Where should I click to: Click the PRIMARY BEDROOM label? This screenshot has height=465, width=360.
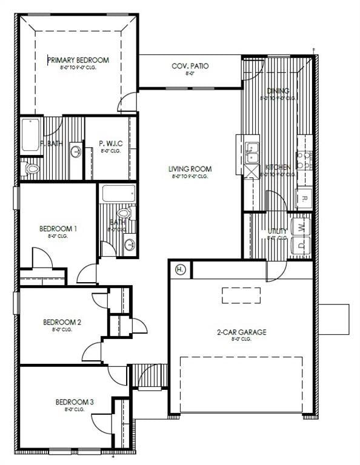click(78, 60)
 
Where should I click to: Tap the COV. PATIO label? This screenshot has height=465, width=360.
click(190, 66)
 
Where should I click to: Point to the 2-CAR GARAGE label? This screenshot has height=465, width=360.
click(241, 332)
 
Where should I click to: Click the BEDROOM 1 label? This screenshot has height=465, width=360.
click(58, 228)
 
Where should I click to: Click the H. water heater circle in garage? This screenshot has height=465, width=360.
click(180, 269)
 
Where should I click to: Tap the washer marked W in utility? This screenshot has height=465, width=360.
click(302, 227)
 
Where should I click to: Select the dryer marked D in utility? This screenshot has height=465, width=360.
click(302, 245)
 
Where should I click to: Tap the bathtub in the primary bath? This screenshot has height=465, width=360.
click(31, 134)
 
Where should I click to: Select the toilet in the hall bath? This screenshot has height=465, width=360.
click(125, 214)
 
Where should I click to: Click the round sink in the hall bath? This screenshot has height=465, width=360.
click(129, 244)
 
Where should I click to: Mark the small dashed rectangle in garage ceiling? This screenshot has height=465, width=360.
click(241, 295)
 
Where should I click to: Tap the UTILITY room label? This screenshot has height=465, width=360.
click(278, 231)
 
